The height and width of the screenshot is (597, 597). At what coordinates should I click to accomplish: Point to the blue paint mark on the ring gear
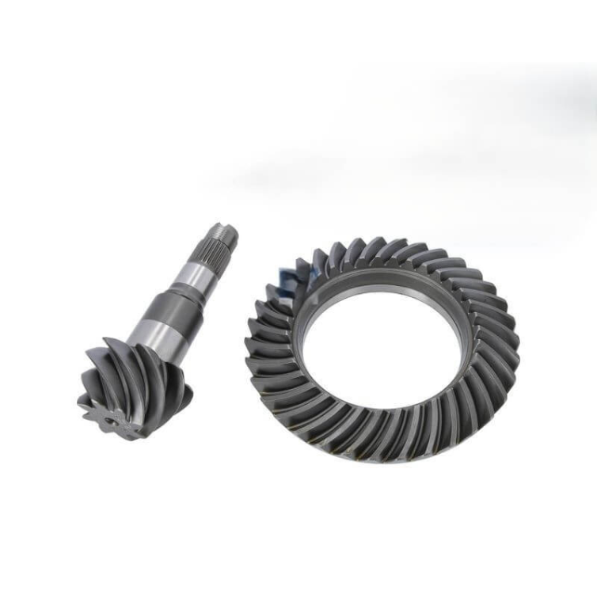[x=291, y=276]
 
